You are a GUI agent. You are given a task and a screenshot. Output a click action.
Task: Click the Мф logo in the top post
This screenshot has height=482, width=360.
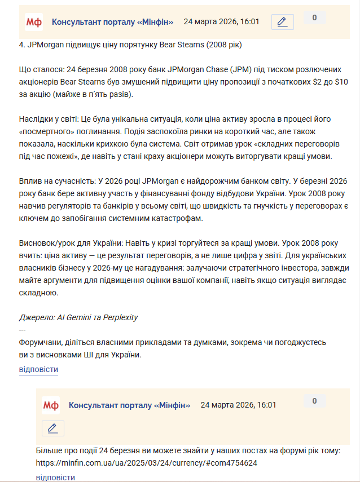tap(34, 22)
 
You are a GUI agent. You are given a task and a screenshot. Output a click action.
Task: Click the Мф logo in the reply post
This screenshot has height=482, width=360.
tap(51, 405)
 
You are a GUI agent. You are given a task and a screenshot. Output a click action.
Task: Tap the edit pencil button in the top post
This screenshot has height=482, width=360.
tap(283, 22)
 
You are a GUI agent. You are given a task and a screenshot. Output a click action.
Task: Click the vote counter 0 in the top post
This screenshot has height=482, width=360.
tap(314, 18)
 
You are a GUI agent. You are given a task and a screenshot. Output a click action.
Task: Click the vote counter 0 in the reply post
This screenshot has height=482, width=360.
tap(314, 401)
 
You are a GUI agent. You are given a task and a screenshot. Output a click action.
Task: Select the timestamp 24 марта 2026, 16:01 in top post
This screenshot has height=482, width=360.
tap(222, 22)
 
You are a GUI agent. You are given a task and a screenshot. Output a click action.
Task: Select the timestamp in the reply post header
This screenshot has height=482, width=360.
tap(239, 405)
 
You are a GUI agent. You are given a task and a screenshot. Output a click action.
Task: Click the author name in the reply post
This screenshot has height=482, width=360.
tap(129, 405)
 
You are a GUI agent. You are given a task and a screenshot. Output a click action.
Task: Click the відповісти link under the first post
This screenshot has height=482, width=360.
tap(38, 370)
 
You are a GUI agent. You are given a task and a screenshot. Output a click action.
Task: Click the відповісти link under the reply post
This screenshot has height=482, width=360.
tap(55, 477)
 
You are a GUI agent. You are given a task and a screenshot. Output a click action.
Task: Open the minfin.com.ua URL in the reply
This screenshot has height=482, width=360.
tap(147, 463)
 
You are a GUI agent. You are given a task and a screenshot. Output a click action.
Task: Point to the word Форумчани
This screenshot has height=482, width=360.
tap(39, 343)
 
